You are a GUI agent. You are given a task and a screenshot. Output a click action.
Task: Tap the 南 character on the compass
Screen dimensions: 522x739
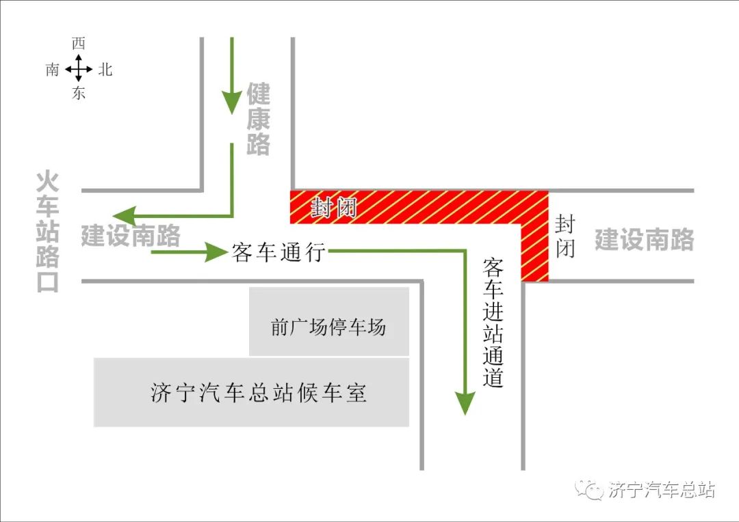coord(53,69)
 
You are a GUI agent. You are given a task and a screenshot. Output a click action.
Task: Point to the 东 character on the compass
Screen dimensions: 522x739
coord(79,94)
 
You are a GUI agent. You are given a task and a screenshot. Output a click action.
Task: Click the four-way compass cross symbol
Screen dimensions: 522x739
coord(79,69)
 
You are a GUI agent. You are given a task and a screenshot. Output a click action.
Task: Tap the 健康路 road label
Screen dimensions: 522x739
coord(259,120)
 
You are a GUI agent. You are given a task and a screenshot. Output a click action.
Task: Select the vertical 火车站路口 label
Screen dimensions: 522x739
coord(48,232)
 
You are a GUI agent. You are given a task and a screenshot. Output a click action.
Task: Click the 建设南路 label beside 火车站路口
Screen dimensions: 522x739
coord(130,236)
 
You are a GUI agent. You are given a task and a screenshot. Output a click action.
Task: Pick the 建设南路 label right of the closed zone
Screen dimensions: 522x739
coord(644,240)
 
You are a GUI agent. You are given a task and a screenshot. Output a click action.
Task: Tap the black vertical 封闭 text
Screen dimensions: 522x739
coord(565,236)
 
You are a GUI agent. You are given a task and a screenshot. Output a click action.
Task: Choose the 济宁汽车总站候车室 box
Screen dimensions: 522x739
coord(251,393)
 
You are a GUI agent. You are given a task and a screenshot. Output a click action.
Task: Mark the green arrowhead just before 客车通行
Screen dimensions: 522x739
coord(218,252)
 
